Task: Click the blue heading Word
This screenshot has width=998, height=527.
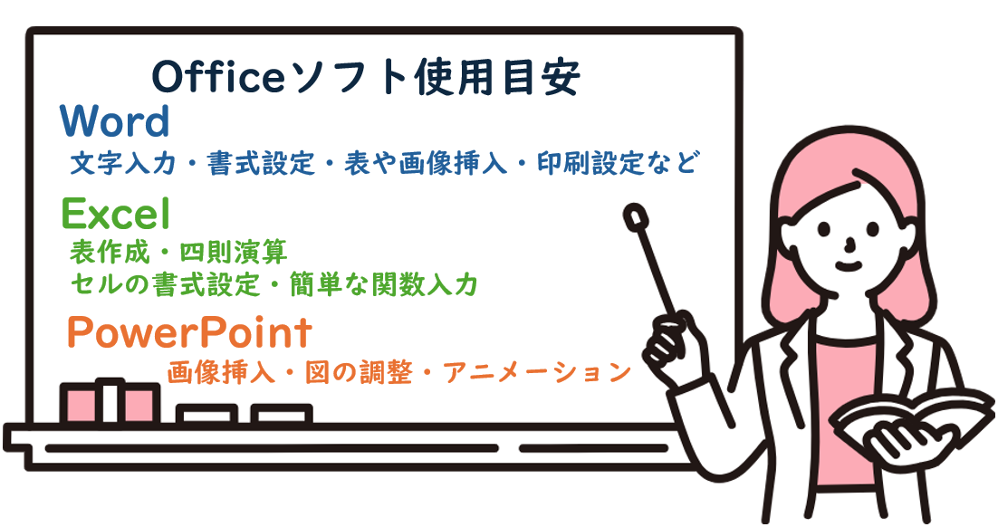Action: [115, 121]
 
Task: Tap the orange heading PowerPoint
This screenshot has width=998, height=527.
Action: [189, 331]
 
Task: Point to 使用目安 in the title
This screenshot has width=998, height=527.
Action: [497, 77]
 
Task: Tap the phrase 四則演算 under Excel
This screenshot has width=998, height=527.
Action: [234, 253]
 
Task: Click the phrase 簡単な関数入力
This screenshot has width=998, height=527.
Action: [384, 284]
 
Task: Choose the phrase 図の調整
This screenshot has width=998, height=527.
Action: [359, 372]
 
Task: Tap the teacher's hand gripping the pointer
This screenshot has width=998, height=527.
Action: [675, 347]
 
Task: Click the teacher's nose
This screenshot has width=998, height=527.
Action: [849, 243]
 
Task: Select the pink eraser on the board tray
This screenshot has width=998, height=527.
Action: [110, 403]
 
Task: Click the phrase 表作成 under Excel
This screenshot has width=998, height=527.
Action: [110, 253]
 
